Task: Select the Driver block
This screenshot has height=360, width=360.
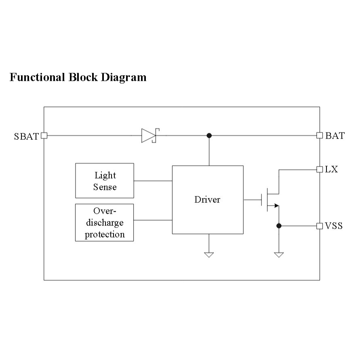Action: (208, 200)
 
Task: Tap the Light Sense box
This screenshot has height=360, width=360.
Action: (105, 181)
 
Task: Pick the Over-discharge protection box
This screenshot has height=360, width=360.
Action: (105, 223)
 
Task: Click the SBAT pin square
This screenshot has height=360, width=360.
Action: (44, 136)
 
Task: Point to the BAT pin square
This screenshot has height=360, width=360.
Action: (319, 135)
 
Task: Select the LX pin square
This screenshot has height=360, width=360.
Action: (319, 169)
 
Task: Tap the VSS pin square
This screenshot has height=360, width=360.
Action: (319, 226)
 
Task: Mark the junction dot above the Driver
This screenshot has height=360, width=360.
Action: (209, 135)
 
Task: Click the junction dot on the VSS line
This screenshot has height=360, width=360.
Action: (279, 226)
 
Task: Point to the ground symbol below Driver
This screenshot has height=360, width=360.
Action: (209, 255)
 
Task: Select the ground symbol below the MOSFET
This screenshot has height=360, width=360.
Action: (279, 255)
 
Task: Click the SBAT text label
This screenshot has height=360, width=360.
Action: (27, 136)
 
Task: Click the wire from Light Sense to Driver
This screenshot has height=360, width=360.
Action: (153, 181)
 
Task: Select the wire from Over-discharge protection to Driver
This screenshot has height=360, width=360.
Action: (153, 220)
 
